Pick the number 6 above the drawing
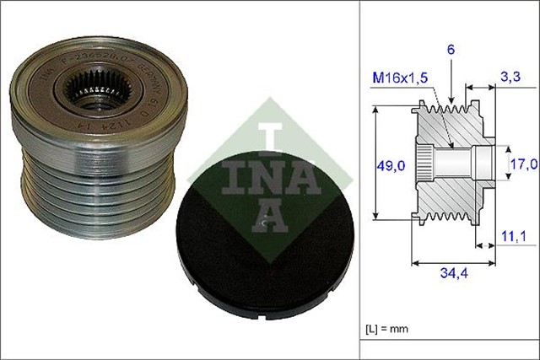coord(451,51)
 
